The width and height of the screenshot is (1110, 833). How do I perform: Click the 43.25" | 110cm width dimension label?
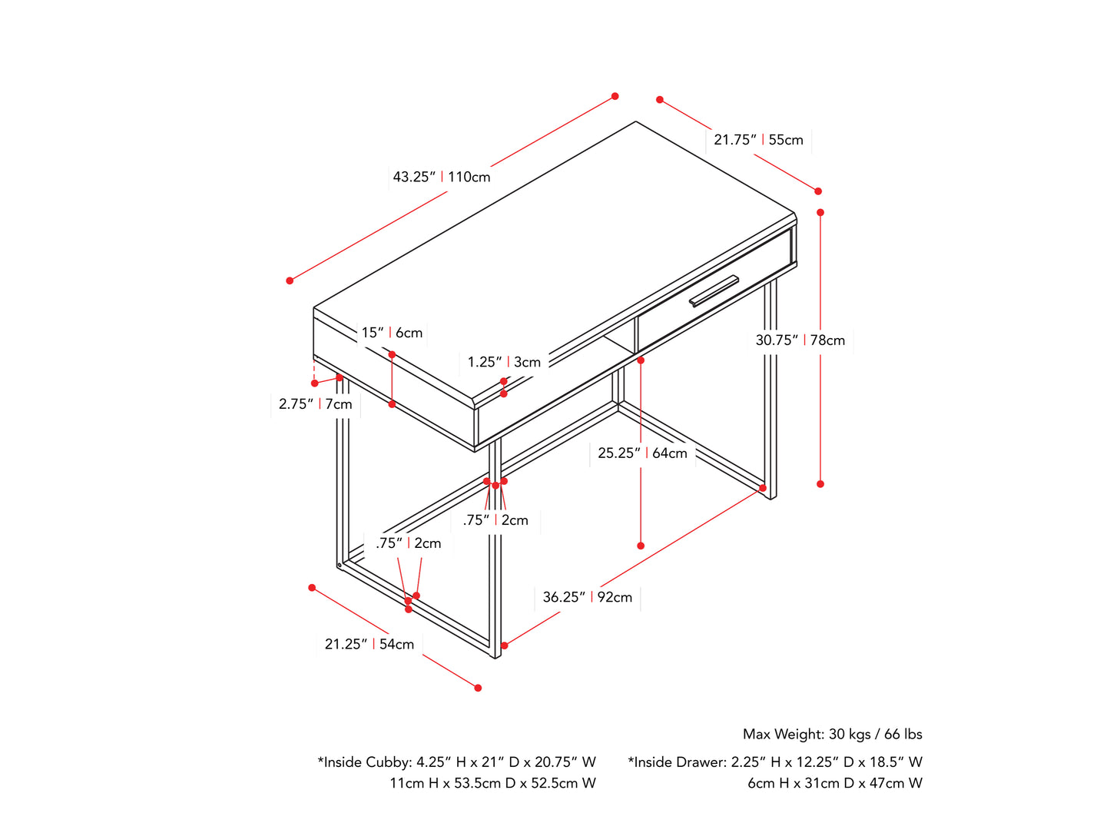coord(441,177)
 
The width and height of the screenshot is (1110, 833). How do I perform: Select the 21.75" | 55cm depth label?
coord(757,140)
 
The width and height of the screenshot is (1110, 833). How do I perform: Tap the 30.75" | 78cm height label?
coord(800,340)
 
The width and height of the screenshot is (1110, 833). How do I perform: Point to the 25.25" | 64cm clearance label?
coord(641,453)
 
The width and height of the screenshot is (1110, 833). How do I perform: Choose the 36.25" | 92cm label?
coord(587,597)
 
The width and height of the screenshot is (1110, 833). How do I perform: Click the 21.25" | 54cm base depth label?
coord(369,644)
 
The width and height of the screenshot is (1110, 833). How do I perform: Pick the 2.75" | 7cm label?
coord(315,403)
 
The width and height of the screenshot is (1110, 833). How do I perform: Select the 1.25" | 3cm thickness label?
coord(504,362)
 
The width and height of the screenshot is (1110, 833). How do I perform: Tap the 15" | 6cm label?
coord(392,332)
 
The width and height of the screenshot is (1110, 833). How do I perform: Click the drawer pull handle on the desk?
coord(713,290)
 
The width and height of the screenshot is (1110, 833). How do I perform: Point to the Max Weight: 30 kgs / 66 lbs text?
coord(832,734)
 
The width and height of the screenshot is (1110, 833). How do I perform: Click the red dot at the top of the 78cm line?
coord(820,212)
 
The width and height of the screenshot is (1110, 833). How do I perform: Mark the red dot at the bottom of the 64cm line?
coord(640,546)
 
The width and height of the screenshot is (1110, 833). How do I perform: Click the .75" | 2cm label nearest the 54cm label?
coord(408,543)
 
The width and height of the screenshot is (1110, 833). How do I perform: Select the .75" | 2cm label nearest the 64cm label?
coord(495,520)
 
